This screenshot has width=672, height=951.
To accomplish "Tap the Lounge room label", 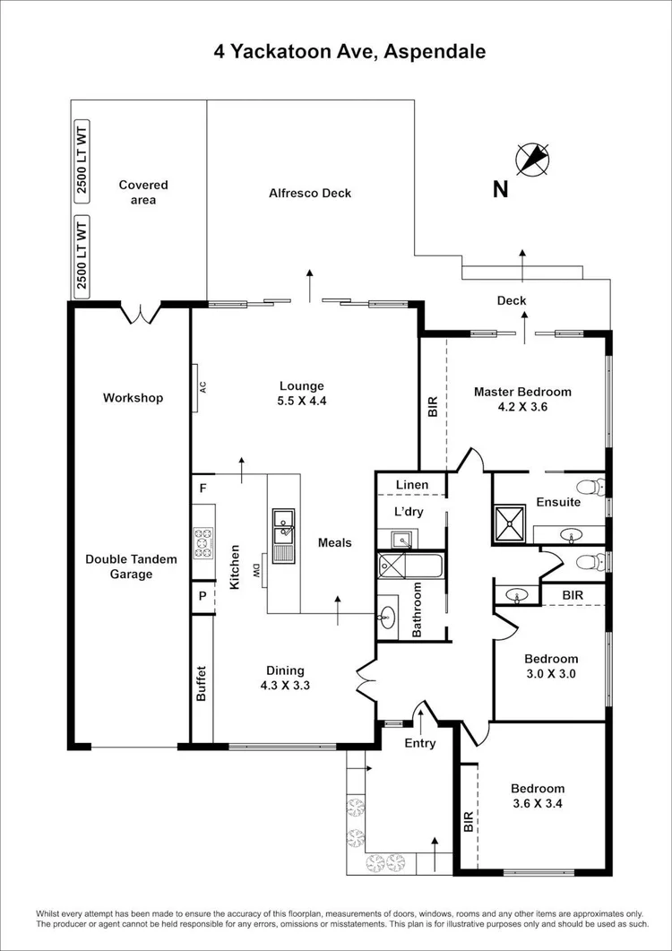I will pos(301,386).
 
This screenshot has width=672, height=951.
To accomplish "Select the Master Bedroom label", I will pos(522,392).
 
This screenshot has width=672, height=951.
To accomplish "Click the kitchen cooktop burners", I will pos(203,542).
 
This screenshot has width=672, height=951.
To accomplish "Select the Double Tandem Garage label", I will pos(131,566).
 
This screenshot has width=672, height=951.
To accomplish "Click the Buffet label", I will pos(202,683).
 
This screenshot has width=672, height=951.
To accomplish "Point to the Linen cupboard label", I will pos(413,485).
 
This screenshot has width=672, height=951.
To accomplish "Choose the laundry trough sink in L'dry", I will pos(400,539).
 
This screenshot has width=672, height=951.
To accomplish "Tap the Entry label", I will pos(420,743).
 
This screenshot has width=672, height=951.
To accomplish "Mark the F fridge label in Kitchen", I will pos(203,488).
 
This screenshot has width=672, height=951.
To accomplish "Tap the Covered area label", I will pos(143,193).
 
